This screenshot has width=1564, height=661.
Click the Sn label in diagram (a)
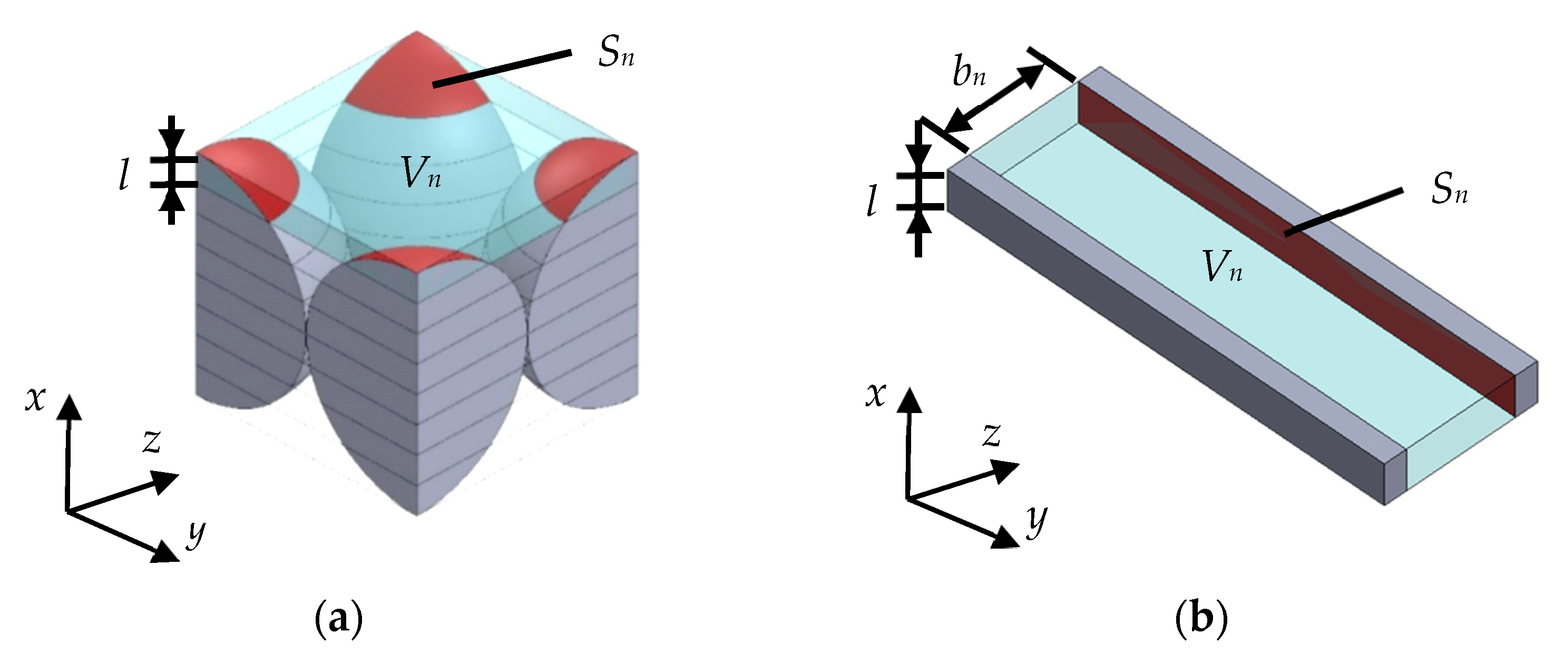click(x=615, y=53)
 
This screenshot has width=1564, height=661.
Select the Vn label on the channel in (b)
click(x=1221, y=268)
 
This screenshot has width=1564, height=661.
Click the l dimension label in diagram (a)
click(x=124, y=176)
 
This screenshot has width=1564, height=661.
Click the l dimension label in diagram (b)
click(x=871, y=201)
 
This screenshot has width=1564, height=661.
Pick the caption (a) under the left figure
click(x=339, y=620)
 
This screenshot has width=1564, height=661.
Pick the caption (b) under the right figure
click(x=1201, y=620)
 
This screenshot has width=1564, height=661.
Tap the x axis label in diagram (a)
click(x=35, y=399)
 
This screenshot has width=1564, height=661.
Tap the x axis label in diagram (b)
click(x=875, y=395)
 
